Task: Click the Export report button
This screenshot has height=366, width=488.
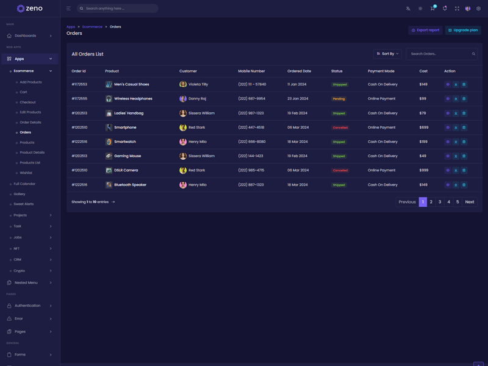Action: coord(425,30)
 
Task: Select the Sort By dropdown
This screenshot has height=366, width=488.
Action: coord(387,54)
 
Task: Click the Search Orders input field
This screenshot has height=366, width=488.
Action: coord(439,54)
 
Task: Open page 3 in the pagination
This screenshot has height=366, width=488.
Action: coord(440,202)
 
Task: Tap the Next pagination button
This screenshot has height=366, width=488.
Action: coord(469,202)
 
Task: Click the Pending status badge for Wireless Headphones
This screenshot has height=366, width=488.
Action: coord(339,99)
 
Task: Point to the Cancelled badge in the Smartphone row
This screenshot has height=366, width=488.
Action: coord(340,127)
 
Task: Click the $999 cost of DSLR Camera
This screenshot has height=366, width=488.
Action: coord(423,170)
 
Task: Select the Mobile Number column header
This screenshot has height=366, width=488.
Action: coord(251,71)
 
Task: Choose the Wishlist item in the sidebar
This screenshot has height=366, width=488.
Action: coord(26,173)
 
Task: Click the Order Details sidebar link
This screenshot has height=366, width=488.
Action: coord(30,122)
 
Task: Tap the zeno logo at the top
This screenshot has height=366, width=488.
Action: coord(30,9)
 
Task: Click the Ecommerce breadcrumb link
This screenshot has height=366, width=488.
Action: coord(92,27)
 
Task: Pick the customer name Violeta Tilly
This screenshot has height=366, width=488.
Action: coord(198,85)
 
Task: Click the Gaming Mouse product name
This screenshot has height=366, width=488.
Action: coord(127,156)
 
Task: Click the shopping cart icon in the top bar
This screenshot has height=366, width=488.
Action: coord(432,9)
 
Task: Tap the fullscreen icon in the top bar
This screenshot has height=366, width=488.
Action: coord(457,9)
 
